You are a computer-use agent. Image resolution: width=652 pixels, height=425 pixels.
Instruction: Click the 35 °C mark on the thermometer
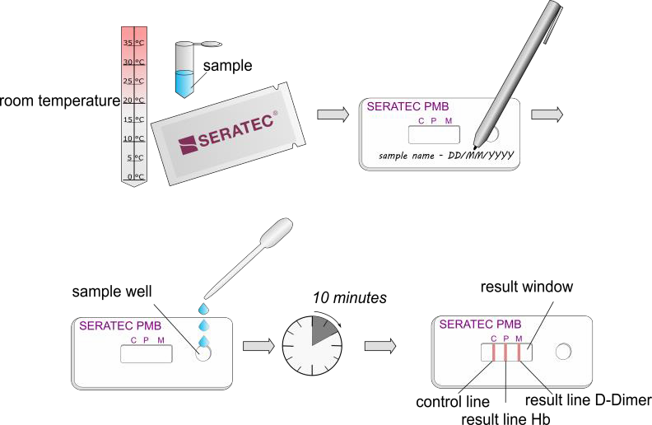point(133,43)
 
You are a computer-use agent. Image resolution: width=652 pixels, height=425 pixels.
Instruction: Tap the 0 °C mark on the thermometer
point(133,176)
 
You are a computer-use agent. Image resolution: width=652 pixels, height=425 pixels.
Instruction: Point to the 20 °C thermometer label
point(133,100)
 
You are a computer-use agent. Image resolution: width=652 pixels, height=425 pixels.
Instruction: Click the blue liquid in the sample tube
point(184,83)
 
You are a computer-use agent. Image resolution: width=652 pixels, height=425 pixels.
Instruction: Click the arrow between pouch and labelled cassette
point(333,114)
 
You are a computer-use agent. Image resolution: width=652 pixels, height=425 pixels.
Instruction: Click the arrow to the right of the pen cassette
point(547,114)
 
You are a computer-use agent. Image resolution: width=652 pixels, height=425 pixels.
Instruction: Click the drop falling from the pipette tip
point(203,308)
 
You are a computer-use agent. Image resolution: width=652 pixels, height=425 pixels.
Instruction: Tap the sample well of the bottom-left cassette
point(203,353)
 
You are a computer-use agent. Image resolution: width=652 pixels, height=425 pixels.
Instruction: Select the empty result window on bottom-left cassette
point(146,354)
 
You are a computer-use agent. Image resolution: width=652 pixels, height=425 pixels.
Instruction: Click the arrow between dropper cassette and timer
point(258,346)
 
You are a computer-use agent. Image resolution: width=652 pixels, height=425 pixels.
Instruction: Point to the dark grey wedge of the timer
point(323,331)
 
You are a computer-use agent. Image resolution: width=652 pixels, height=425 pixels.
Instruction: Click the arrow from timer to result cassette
point(380,346)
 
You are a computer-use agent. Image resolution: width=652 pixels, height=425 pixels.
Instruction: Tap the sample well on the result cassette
point(563,352)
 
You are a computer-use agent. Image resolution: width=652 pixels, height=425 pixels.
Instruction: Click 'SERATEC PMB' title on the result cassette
point(480,325)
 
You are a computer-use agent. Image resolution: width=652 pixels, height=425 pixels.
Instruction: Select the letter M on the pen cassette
point(449,121)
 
